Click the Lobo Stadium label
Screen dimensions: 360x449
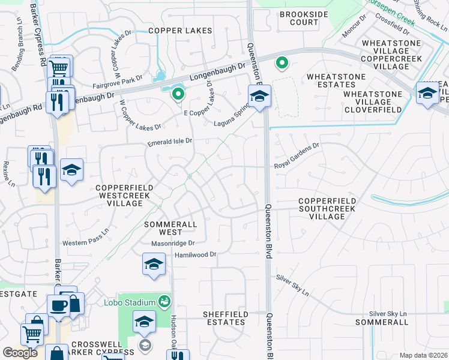coord(136,301)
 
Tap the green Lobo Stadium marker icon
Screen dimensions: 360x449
coord(163,301)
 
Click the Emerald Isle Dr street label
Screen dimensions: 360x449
coord(170,142)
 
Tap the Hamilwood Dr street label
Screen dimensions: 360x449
coord(194,255)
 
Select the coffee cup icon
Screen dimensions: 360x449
coord(58,305)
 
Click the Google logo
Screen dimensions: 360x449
coord(20,353)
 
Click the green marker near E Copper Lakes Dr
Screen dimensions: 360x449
coord(178,94)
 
